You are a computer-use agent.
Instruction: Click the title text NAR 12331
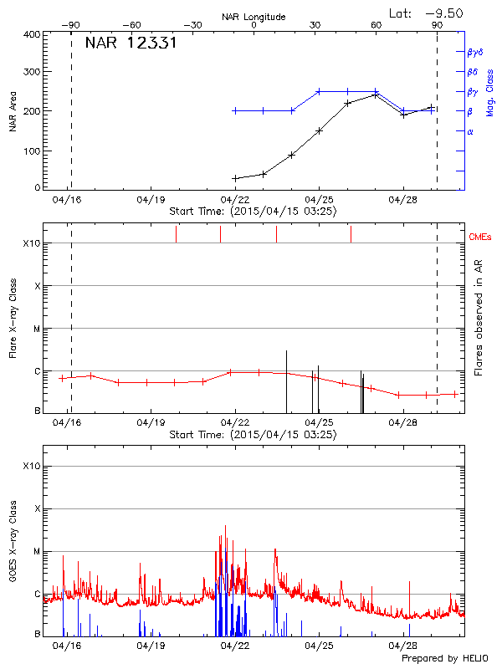click(131, 43)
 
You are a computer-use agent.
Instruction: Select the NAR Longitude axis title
click(254, 17)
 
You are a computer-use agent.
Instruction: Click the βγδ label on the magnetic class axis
click(474, 52)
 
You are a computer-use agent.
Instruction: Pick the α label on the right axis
click(470, 131)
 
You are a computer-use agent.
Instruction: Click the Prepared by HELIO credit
click(443, 659)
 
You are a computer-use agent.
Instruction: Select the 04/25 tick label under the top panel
click(320, 201)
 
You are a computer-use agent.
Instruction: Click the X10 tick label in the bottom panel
click(31, 466)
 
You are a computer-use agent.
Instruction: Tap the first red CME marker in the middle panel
click(177, 234)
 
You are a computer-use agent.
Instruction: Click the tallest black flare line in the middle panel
click(286, 380)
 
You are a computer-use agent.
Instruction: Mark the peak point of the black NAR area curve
click(376, 94)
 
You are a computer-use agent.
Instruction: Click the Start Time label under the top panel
click(253, 212)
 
